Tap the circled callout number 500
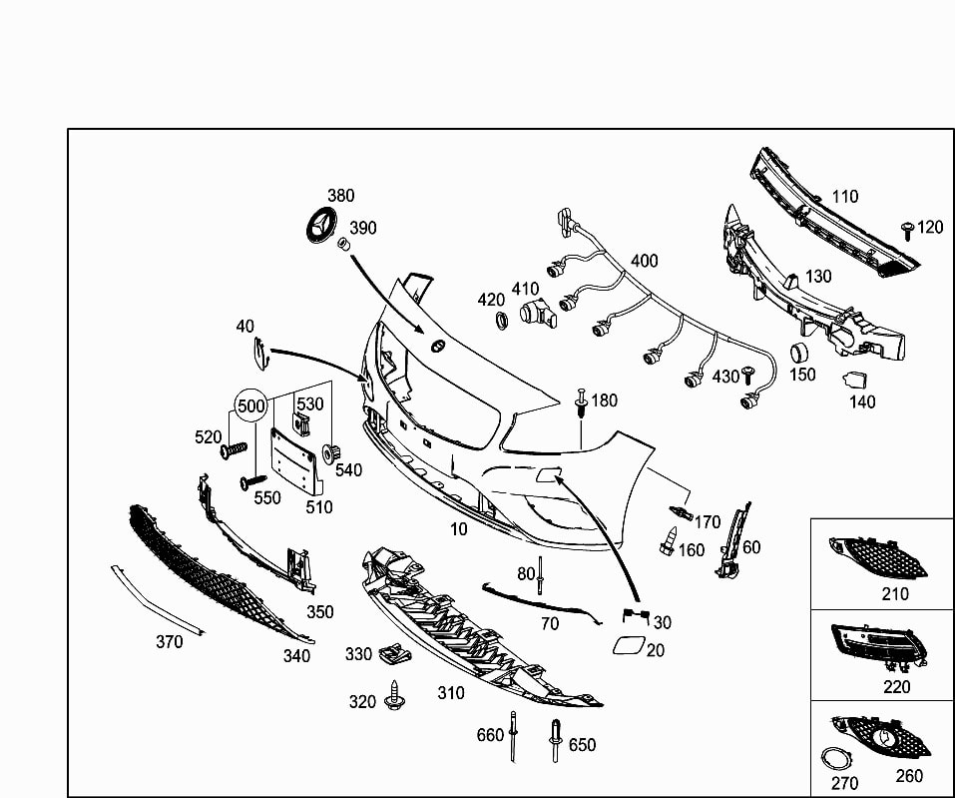point(250,405)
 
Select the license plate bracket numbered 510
point(297,460)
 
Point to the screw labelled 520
point(233,450)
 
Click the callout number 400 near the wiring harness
point(644,261)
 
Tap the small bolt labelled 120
point(907,231)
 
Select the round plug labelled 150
point(798,354)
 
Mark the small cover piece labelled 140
point(855,380)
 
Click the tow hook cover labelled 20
point(628,648)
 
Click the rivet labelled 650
point(555,740)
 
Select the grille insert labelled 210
point(878,554)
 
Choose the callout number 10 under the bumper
point(458,528)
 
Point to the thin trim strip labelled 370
point(158,599)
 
